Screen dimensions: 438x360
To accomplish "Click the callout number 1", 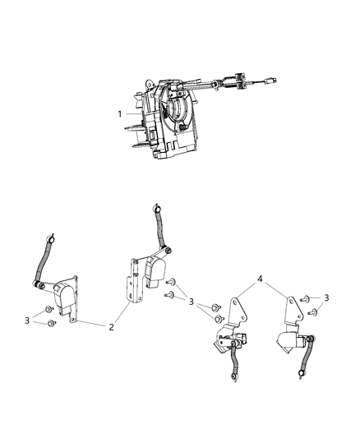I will [x=121, y=113].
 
